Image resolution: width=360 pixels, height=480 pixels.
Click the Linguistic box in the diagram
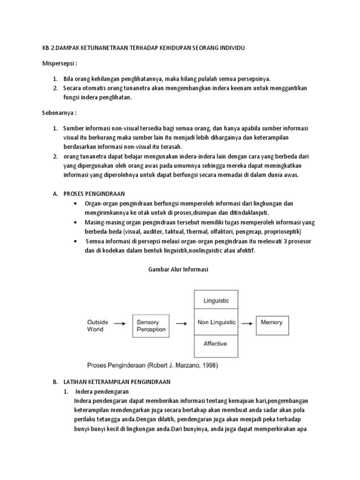click(x=216, y=301)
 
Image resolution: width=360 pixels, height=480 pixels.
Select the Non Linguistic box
click(x=216, y=322)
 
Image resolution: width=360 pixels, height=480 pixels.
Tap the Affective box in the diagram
click(x=216, y=344)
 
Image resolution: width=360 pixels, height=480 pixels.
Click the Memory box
click(x=272, y=322)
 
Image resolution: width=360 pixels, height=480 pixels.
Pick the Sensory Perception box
click(x=151, y=326)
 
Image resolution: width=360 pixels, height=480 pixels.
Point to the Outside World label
click(x=98, y=326)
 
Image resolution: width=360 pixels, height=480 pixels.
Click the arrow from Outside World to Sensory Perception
click(x=120, y=323)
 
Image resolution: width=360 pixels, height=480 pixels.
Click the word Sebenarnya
click(x=55, y=113)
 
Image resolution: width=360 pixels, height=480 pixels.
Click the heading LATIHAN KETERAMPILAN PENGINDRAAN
click(x=117, y=382)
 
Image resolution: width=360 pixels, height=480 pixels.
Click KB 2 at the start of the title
click(x=46, y=47)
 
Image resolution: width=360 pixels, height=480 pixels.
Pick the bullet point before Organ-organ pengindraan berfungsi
click(x=76, y=203)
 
